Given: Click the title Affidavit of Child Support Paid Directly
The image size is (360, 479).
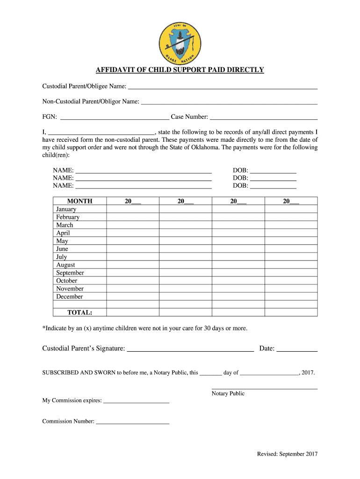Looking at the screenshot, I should click(180, 70).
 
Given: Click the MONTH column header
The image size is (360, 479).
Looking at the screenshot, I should click(80, 201).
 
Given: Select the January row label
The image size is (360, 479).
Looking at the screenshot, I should click(66, 209).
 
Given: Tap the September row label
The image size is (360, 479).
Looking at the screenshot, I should click(70, 273).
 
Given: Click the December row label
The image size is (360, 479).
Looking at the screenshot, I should click(69, 297).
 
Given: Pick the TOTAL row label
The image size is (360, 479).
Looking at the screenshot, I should click(80, 312).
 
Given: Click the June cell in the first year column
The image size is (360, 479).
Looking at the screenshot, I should click(133, 249).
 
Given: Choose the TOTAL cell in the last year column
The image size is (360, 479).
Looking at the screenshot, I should click(291, 312).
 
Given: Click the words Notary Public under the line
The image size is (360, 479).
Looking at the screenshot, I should click(228, 393).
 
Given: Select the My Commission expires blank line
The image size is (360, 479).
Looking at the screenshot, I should click(136, 401).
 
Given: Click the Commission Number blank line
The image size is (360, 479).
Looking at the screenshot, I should click(132, 422).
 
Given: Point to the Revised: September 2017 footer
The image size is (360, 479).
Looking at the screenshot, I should click(287, 454).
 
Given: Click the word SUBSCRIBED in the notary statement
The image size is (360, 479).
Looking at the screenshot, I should click(59, 373).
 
